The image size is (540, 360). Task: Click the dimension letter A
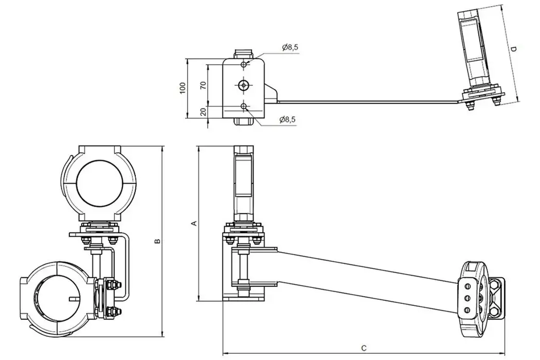point(194,223)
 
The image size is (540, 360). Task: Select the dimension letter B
point(158,241)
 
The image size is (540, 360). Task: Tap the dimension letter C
point(364,348)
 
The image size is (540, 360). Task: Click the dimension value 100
point(182,87)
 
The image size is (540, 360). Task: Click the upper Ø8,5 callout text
point(290,47)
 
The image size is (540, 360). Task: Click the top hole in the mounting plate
point(244,65)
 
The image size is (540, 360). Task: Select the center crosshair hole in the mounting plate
point(244,85)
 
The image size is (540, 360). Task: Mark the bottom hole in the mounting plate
point(244,106)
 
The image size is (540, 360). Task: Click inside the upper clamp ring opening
point(99,182)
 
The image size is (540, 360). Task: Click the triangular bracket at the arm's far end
point(497,298)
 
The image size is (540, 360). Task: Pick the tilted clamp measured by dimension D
point(478,51)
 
